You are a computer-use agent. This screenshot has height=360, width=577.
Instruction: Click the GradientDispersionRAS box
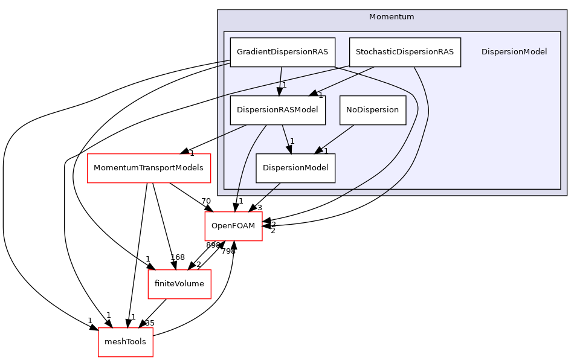click(x=282, y=52)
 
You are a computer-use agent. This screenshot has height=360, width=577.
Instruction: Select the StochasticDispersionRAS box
click(x=404, y=52)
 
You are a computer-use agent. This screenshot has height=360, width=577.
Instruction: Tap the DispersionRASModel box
click(x=277, y=110)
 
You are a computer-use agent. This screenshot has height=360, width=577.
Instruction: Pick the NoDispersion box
click(x=372, y=110)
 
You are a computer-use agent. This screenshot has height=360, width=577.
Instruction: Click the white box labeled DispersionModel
click(x=295, y=168)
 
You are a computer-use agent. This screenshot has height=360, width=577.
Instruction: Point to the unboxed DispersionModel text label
click(x=514, y=52)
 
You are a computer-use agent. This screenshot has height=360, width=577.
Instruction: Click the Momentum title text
click(x=392, y=17)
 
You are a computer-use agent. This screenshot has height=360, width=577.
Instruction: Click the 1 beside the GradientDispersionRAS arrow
click(x=284, y=85)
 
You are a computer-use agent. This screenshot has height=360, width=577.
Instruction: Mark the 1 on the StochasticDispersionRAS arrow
click(x=320, y=95)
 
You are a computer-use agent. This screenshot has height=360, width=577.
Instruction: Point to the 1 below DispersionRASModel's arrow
click(x=292, y=141)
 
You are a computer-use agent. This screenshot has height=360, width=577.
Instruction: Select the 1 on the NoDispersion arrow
click(x=326, y=151)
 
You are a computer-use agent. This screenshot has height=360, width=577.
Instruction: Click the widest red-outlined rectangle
click(x=149, y=168)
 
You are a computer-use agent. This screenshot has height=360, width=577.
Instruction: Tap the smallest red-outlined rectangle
click(x=125, y=342)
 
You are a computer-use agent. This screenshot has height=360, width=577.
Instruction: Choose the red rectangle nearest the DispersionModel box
click(x=233, y=226)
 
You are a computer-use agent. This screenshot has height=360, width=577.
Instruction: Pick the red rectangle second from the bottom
click(x=179, y=284)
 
